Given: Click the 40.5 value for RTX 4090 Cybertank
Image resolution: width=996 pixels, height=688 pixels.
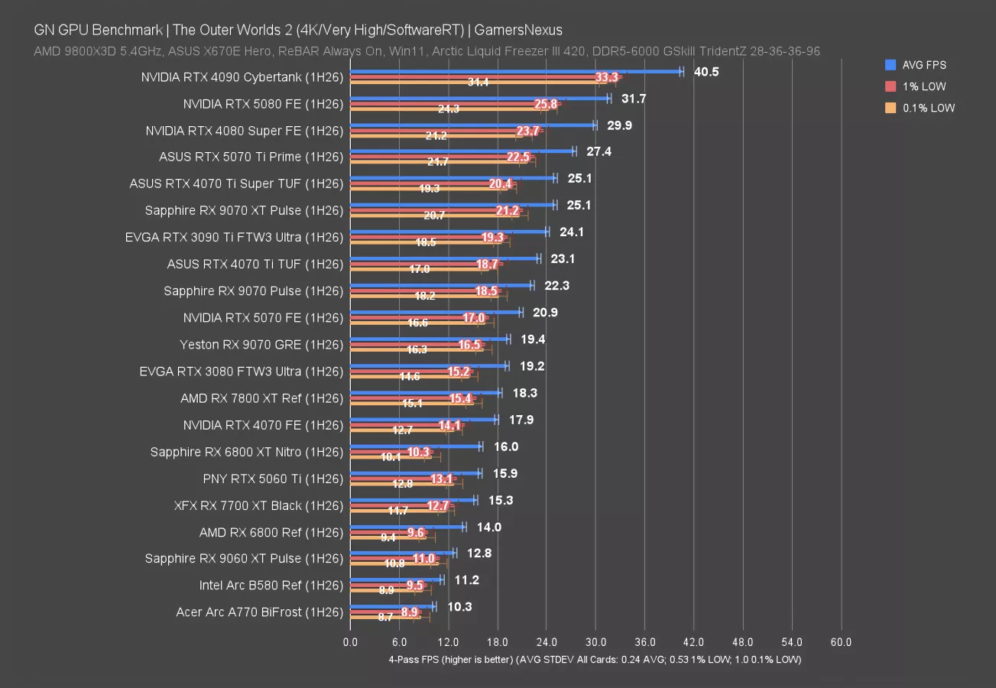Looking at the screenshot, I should pos(706,71).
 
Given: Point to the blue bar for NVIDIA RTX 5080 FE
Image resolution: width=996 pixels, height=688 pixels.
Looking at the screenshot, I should pos(479,99).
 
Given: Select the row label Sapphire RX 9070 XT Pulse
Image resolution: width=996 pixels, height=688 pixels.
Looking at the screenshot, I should pos(244,210).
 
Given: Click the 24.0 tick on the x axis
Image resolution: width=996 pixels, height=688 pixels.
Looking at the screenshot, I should pos(546,642).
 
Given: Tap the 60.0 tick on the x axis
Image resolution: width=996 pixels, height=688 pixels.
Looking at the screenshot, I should pos(841,642).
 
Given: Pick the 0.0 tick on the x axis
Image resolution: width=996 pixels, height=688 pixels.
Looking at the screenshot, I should pos(350,642).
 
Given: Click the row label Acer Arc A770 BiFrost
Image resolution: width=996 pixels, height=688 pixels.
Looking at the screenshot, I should pos(248,612).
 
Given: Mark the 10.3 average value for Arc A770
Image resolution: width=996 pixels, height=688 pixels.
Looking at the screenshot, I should pos(459,607).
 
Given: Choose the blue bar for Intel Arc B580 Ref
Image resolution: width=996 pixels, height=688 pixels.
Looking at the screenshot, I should pos(396,580).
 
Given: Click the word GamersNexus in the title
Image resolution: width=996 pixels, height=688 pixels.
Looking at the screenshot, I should pos(519,31).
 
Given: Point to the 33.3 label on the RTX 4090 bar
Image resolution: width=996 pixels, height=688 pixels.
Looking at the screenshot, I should pos(605,77).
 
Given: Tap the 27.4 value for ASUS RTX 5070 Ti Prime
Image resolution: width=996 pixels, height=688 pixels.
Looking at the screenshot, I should pos(599,151).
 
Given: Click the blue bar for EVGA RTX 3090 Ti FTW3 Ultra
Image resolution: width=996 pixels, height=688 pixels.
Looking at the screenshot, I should pos(449,232).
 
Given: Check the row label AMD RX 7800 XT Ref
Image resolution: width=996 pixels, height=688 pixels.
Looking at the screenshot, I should pos(261,398).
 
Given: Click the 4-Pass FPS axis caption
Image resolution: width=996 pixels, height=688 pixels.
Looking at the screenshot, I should pos(595,660).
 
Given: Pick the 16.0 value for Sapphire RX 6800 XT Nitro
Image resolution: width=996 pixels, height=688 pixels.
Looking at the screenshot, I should pos(506,446).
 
